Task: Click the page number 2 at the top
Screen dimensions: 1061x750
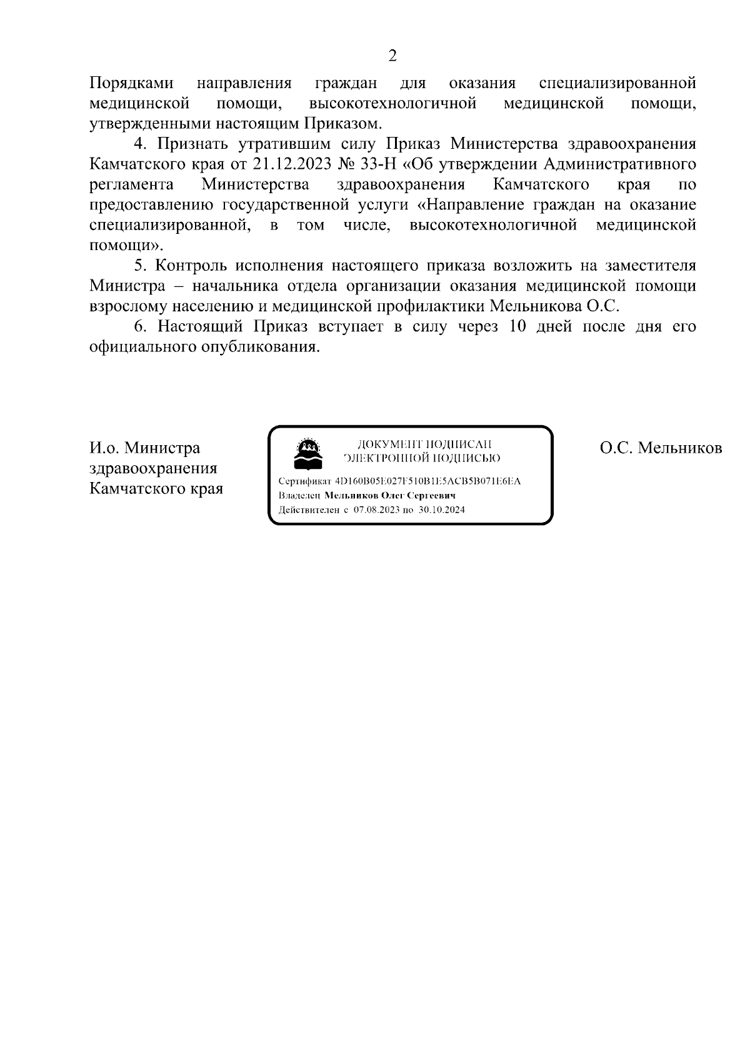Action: click(392, 56)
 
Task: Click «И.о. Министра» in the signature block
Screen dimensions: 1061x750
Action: click(145, 448)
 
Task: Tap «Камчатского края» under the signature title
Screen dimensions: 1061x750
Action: click(156, 488)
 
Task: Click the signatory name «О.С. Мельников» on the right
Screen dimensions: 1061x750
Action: click(661, 448)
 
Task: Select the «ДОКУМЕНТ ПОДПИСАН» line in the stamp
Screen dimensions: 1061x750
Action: click(424, 445)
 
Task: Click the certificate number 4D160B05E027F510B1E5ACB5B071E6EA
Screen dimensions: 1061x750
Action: click(428, 481)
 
